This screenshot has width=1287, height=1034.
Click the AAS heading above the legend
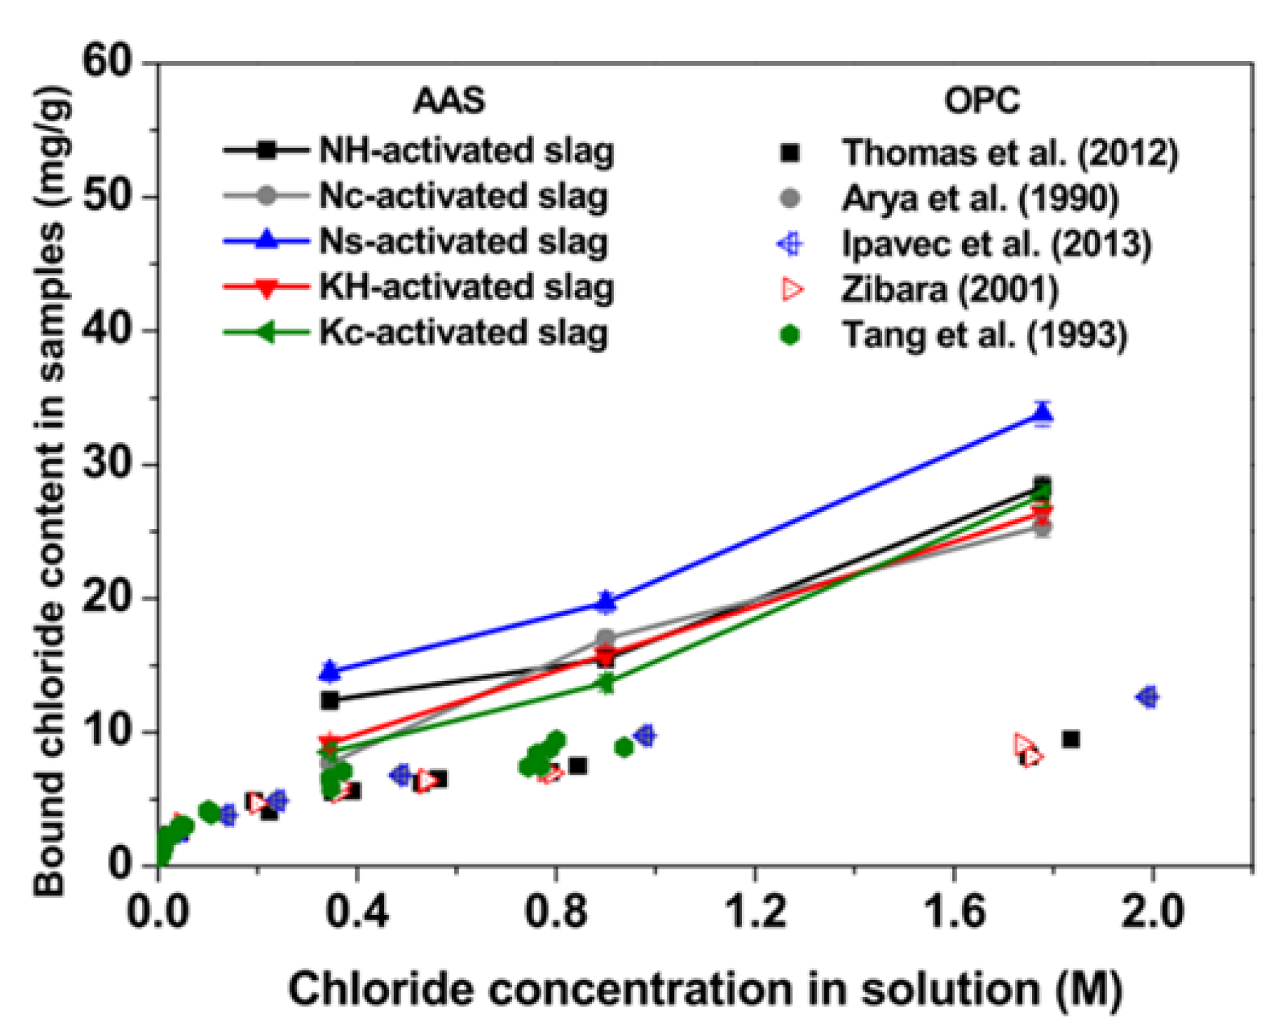(448, 100)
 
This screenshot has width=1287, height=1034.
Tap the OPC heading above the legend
(982, 100)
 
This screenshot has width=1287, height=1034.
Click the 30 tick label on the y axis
(107, 464)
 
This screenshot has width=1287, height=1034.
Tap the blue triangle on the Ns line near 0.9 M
(607, 601)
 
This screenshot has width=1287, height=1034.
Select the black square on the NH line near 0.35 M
(329, 700)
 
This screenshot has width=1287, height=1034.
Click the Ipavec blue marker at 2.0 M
(1148, 697)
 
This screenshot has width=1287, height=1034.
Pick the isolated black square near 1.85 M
(1070, 740)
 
